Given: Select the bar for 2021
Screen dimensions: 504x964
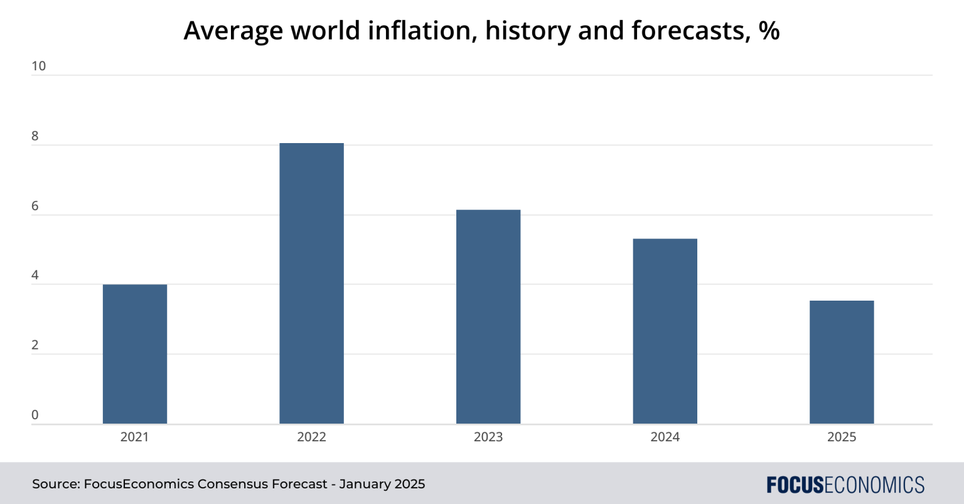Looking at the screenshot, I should (135, 354).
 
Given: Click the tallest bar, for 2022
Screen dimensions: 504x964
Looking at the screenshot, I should (311, 284).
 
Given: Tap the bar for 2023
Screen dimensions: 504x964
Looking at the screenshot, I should (488, 317).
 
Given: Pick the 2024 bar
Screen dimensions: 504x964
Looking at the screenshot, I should (665, 331).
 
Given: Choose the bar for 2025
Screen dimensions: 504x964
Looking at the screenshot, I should (842, 362).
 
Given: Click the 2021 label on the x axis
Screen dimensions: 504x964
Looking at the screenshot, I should (135, 437).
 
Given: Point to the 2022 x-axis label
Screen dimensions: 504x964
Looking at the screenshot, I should (311, 437).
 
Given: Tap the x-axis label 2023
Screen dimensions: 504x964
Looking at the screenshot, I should (488, 437).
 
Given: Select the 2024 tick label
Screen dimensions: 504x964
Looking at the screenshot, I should (665, 437).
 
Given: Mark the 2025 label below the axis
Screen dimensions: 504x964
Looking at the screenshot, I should (842, 437).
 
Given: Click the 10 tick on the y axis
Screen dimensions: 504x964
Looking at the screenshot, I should (38, 66).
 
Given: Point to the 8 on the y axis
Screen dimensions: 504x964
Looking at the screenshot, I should (35, 136).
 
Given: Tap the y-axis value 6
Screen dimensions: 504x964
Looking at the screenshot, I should (35, 206).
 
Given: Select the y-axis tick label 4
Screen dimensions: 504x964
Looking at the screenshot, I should (35, 276).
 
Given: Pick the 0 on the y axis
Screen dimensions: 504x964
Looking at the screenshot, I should (35, 415).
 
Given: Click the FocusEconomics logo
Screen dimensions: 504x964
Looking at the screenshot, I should (845, 485).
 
